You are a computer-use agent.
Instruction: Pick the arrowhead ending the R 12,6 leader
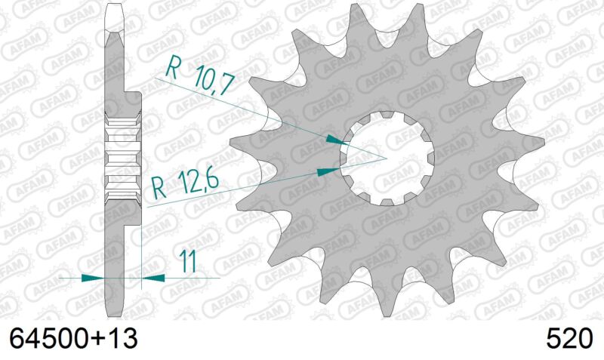tap(325, 172)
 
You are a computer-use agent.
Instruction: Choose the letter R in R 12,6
tap(158, 186)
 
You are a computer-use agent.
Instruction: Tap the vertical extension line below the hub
tap(142, 249)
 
